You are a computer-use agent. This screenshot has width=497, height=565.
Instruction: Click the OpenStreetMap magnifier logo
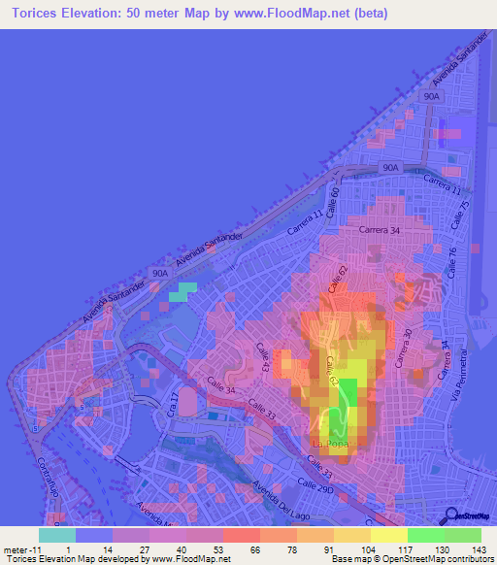pyautogui.click(x=450, y=515)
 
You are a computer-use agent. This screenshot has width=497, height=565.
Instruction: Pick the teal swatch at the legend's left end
pyautogui.click(x=57, y=534)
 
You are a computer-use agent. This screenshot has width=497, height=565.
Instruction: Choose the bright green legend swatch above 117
pyautogui.click(x=425, y=534)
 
